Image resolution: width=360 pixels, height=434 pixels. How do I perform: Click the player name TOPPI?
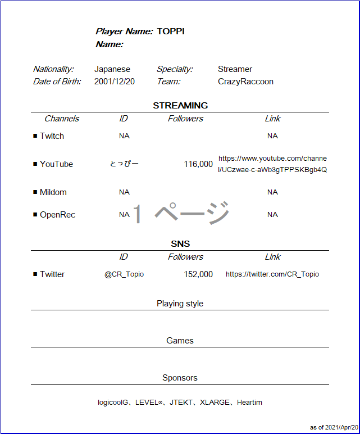click(171, 31)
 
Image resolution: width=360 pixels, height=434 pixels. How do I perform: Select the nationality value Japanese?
click(112, 69)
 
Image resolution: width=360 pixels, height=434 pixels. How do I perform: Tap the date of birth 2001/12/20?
click(115, 82)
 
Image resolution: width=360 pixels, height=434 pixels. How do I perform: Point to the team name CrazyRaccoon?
click(245, 82)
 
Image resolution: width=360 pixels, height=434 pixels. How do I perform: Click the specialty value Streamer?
click(235, 69)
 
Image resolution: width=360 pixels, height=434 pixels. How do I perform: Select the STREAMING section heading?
click(180, 105)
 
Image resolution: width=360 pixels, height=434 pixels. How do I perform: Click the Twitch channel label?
click(52, 136)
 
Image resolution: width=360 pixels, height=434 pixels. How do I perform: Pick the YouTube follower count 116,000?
click(198, 164)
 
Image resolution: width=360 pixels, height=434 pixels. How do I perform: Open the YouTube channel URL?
click(272, 164)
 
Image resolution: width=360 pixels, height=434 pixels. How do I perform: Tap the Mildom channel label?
click(53, 192)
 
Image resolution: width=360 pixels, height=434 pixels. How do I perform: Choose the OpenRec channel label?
click(57, 215)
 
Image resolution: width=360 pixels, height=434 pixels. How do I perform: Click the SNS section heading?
click(180, 243)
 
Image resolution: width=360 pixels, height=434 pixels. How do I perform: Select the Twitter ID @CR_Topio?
click(124, 274)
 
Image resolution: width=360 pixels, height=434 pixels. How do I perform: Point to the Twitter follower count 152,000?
click(198, 274)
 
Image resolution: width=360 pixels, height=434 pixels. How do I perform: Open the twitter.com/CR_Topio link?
click(272, 274)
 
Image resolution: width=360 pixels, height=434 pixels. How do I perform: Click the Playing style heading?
click(180, 304)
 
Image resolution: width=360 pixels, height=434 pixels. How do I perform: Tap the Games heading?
click(180, 341)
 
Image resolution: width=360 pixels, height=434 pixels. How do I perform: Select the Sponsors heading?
click(180, 378)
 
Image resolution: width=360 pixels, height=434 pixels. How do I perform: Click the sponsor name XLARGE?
click(215, 403)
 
